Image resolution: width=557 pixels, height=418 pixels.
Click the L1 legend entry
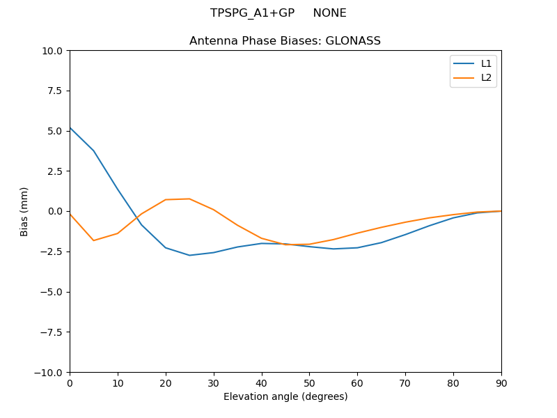(x=486, y=63)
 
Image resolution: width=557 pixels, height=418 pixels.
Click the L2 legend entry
(x=486, y=77)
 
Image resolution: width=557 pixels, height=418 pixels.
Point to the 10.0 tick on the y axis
(x=54, y=51)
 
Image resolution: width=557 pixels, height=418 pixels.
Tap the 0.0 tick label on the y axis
(x=56, y=212)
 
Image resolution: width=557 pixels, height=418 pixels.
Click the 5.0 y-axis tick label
(x=56, y=131)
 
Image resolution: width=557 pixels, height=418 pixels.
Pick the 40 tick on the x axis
(x=262, y=382)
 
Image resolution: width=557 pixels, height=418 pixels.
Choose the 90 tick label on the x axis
(x=501, y=382)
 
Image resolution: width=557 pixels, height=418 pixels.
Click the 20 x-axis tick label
(x=166, y=382)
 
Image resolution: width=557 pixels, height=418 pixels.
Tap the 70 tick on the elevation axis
(x=405, y=382)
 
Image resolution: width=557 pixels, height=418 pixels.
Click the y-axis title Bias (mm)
(x=24, y=211)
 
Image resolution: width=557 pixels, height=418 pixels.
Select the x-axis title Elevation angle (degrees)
(x=285, y=397)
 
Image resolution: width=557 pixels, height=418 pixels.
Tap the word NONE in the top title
(x=329, y=13)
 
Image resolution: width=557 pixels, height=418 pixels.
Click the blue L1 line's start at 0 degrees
(x=70, y=127)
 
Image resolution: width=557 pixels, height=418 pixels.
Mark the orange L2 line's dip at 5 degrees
(x=94, y=240)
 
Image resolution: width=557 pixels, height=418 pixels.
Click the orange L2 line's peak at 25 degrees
(x=189, y=199)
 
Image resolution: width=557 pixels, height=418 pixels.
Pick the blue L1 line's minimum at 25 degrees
(x=189, y=255)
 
